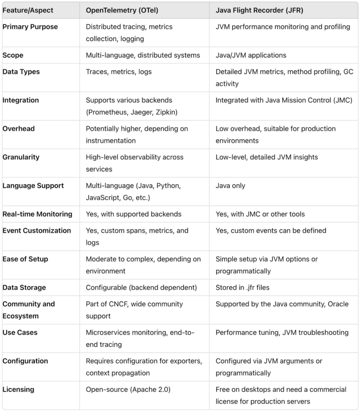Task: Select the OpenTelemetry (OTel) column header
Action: click(123, 10)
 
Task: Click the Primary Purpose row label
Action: click(30, 27)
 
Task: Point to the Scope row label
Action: click(13, 55)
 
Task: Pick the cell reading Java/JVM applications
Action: click(251, 55)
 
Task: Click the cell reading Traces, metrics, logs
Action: click(119, 72)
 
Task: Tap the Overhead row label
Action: click(18, 128)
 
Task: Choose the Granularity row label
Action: click(21, 157)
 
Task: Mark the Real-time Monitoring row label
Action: click(37, 214)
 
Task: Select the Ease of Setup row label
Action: click(25, 259)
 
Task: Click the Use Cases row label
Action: click(20, 332)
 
